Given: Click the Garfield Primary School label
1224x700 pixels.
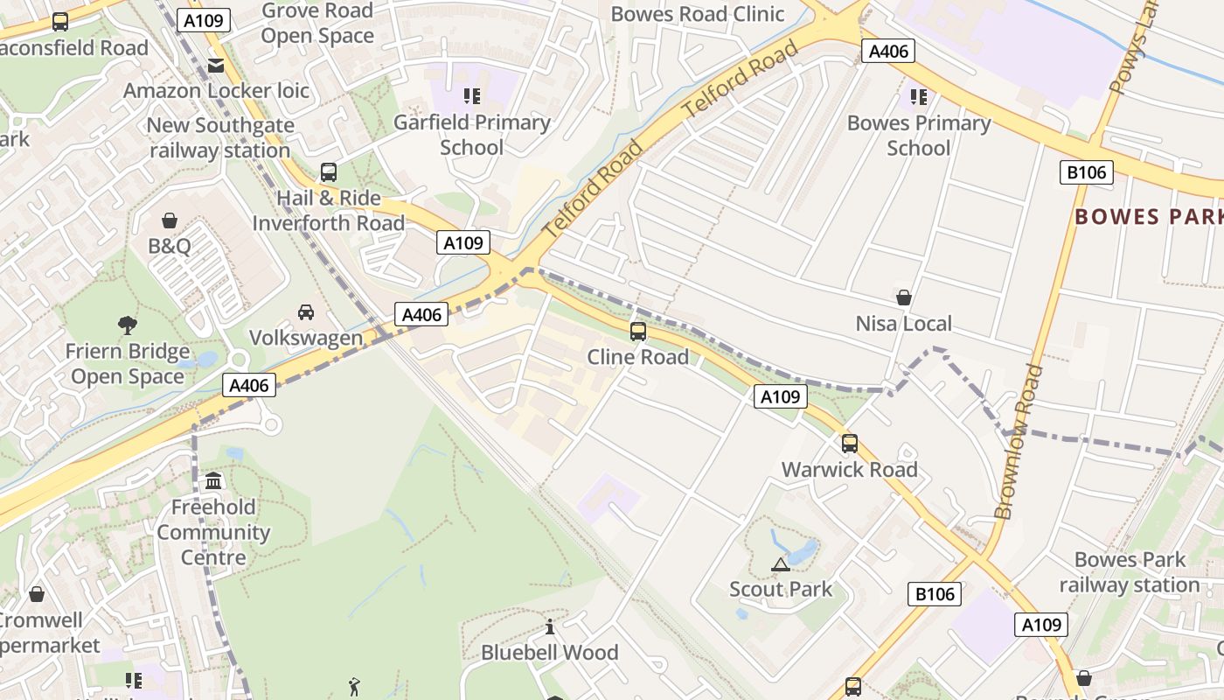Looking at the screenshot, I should (471, 135).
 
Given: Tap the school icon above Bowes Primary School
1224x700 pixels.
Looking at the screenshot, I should (918, 96).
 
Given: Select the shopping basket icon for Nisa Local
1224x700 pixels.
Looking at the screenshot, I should (904, 297).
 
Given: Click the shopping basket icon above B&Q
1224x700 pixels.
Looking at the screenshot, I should (170, 220).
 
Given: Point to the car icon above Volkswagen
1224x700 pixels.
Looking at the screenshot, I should (306, 312).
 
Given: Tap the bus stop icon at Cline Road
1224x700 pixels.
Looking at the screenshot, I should (638, 331).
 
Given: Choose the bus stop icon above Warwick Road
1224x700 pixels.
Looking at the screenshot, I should (850, 444).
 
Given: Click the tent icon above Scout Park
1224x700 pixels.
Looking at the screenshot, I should (781, 564).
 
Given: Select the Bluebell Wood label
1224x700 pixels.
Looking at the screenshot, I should (550, 653).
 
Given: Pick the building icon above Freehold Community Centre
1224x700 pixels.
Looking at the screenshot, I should (213, 481).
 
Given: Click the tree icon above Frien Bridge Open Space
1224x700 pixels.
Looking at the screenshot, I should (128, 325).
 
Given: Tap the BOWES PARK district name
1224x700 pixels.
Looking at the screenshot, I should (1148, 217).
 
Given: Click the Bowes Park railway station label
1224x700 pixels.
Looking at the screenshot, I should (1129, 572).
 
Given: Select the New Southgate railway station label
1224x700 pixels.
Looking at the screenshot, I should (219, 137).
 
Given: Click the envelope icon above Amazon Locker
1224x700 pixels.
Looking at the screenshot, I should (216, 66).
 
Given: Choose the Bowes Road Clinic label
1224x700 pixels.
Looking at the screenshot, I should (697, 14).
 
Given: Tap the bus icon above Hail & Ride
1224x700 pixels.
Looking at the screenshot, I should (329, 172).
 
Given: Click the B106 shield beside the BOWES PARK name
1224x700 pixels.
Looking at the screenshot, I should (1087, 172).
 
